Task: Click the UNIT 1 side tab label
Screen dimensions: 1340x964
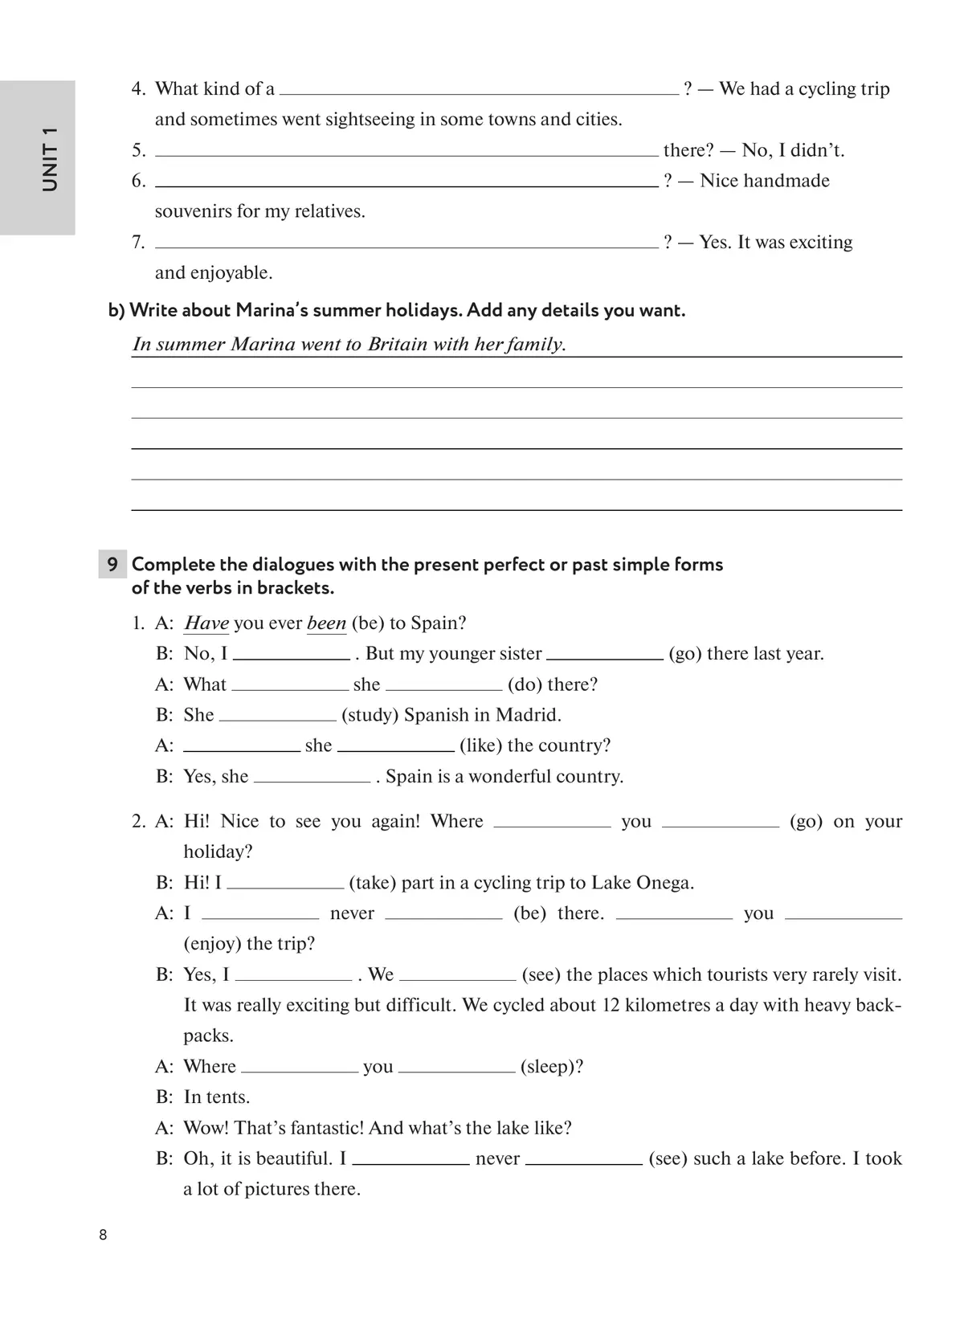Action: pyautogui.click(x=50, y=158)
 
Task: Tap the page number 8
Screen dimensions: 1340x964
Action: pyautogui.click(x=103, y=1235)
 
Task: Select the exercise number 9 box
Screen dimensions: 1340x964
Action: pyautogui.click(x=112, y=565)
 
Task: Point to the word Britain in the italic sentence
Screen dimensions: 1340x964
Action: pyautogui.click(x=398, y=345)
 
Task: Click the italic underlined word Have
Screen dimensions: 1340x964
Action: pyautogui.click(x=206, y=623)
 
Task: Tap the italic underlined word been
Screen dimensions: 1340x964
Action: pyautogui.click(x=326, y=623)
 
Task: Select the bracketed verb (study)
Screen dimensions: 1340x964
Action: pyautogui.click(x=370, y=715)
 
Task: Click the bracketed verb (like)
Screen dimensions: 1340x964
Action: pyautogui.click(x=480, y=746)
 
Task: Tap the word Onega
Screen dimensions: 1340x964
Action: pyautogui.click(x=664, y=883)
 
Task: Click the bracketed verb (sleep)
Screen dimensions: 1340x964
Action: pyautogui.click(x=551, y=1067)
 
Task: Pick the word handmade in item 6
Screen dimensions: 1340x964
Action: pyautogui.click(x=765, y=181)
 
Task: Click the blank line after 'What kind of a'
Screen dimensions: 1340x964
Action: pyautogui.click(x=479, y=90)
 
